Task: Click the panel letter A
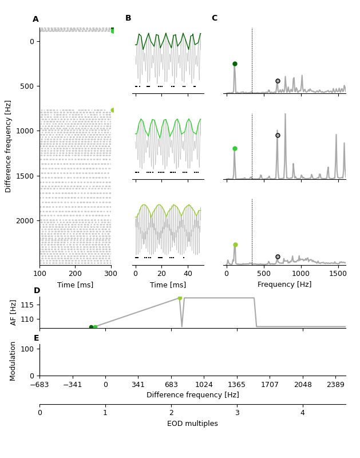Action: pyautogui.click(x=35, y=19)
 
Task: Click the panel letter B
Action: pyautogui.click(x=128, y=18)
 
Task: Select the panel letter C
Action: pyautogui.click(x=215, y=18)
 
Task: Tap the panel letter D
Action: pyautogui.click(x=37, y=291)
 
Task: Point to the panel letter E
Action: pyautogui.click(x=37, y=338)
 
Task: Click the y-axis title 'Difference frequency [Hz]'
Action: pyautogui.click(x=8, y=146)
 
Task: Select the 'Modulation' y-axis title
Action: pyautogui.click(x=13, y=361)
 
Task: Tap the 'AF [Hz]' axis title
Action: pyautogui.click(x=14, y=312)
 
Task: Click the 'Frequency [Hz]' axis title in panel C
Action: pyautogui.click(x=284, y=285)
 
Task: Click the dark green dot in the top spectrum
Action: pyautogui.click(x=235, y=64)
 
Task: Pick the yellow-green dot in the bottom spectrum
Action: pyautogui.click(x=235, y=244)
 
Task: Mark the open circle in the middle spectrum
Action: pyautogui.click(x=278, y=135)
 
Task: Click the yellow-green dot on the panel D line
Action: pyautogui.click(x=180, y=298)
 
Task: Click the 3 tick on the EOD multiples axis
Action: pyautogui.click(x=237, y=413)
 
